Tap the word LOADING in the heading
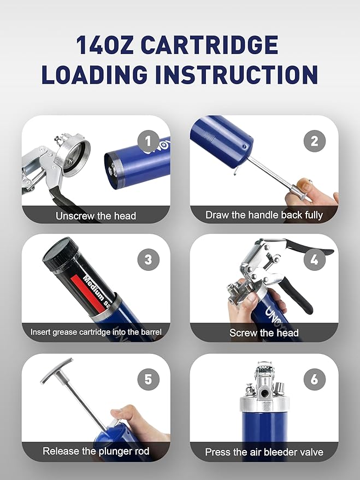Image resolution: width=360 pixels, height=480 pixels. coord(93,74)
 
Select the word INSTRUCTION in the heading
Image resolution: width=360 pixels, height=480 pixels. coord(236,74)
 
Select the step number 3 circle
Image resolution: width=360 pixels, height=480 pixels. coord(148,260)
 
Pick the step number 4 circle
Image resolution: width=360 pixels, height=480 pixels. coord(314,260)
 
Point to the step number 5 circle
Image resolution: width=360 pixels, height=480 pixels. coord(148,379)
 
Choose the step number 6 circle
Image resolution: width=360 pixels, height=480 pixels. coord(314,379)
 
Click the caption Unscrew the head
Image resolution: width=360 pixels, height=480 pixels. coord(96,216)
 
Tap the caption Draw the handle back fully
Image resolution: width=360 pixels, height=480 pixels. coord(264,215)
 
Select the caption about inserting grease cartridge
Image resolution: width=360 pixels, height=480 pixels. coord(96,331)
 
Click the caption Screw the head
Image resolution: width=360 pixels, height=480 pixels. coord(264,333)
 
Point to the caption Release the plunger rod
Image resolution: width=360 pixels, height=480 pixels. coord(96,452)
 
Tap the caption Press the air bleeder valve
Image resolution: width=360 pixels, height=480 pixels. coord(264,452)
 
